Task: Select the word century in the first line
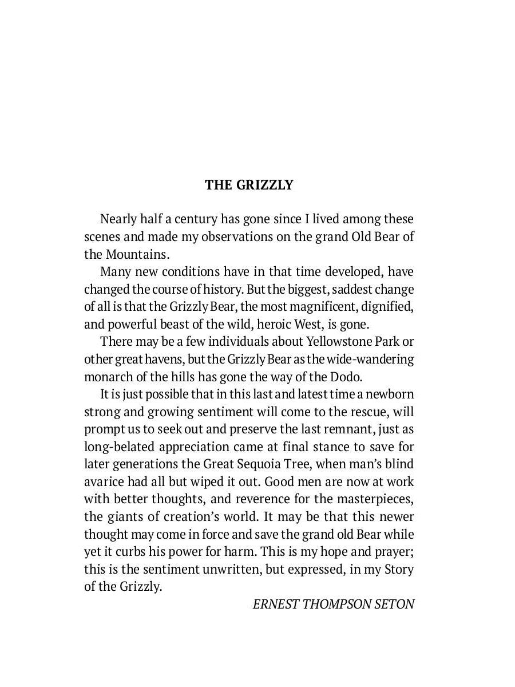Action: point(199,219)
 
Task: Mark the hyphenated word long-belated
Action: point(120,447)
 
